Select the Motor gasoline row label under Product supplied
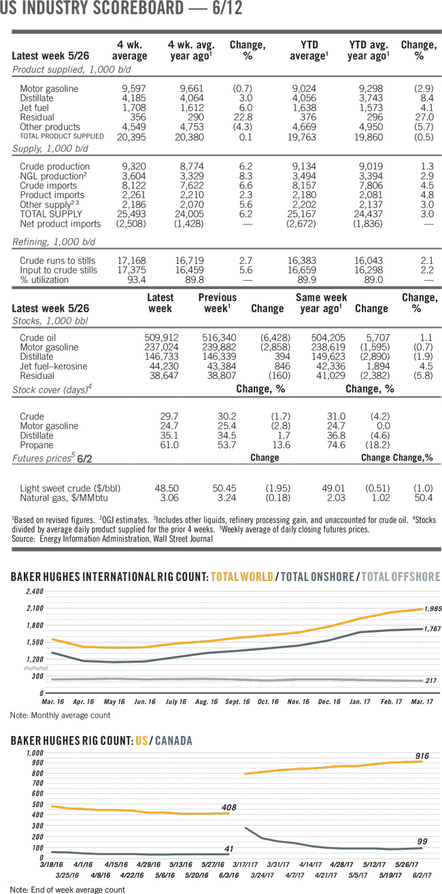(x=49, y=88)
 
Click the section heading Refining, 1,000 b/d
(x=53, y=242)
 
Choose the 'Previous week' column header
(x=217, y=303)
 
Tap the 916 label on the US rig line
(x=422, y=755)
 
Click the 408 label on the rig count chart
(x=228, y=808)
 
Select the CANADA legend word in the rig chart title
(x=173, y=740)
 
